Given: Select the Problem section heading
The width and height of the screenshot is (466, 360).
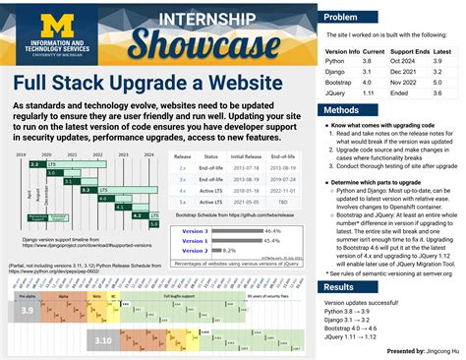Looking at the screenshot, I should (341, 18).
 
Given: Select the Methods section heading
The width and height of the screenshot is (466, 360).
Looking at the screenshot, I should (342, 110).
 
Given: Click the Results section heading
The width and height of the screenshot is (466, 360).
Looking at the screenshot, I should (340, 287).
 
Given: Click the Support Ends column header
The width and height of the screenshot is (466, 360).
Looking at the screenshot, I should (410, 50).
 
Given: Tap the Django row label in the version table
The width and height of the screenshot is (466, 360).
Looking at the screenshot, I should (337, 72).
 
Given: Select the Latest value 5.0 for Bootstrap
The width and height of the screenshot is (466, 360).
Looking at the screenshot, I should (441, 83).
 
